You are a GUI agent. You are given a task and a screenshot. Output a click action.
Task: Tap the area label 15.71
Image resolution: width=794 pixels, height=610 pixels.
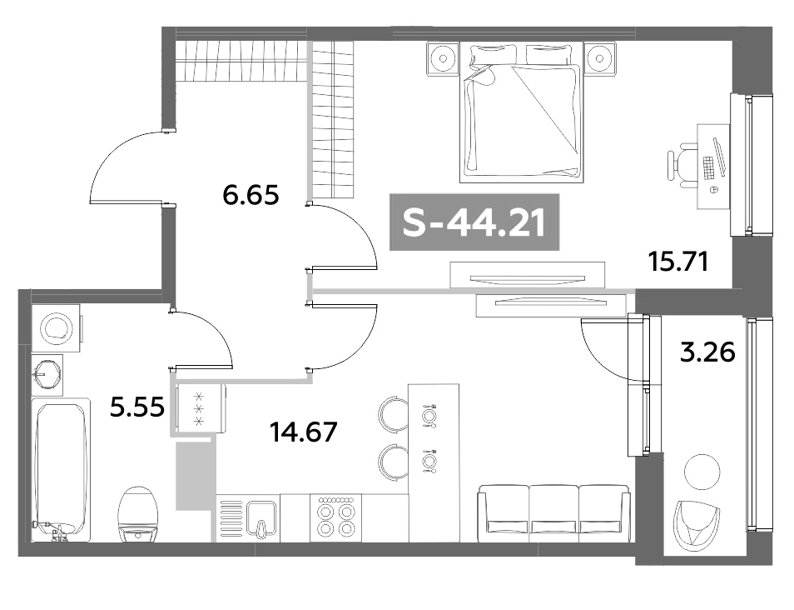click(677, 262)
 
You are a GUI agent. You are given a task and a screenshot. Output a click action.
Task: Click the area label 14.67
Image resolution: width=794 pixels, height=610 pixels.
click(303, 432)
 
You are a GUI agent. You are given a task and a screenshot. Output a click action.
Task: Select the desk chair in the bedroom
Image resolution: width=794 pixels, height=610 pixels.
click(684, 163)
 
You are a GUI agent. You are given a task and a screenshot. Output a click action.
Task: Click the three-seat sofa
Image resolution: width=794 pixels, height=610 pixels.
click(553, 510)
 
